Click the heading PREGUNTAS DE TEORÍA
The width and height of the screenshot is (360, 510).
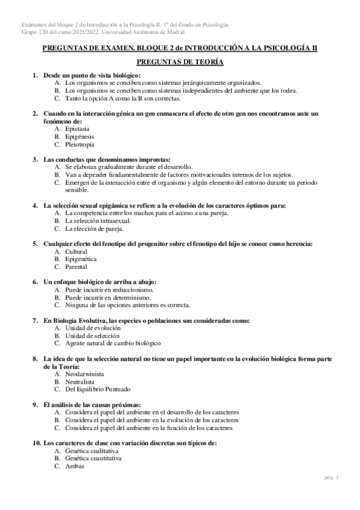tap(180, 62)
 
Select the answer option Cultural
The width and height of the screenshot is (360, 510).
tap(76, 251)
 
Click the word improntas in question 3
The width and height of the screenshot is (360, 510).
tap(153, 159)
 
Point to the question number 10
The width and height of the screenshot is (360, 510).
tap(35, 443)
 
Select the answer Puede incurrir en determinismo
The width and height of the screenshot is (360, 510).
tap(109, 297)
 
